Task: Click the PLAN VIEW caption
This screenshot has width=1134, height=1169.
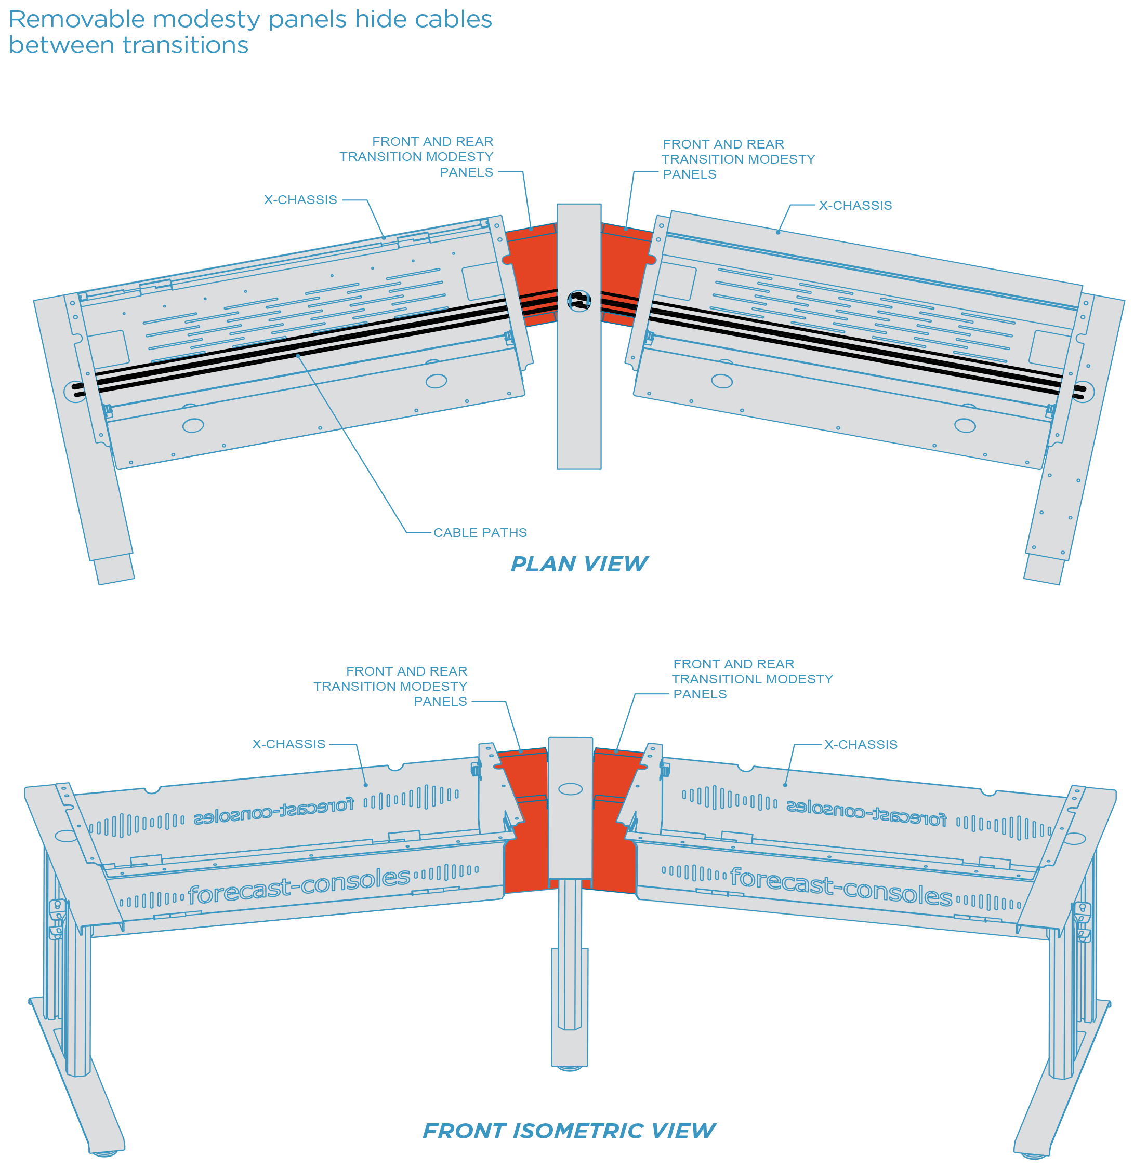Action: (x=578, y=564)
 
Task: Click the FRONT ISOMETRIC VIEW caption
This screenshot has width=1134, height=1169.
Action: (x=568, y=1131)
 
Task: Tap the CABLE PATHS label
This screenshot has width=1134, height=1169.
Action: (x=480, y=533)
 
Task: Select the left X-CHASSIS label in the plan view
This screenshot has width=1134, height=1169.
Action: (x=300, y=200)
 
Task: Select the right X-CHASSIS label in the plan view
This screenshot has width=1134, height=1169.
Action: (x=855, y=206)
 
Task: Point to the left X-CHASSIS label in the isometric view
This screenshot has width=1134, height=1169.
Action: (x=288, y=744)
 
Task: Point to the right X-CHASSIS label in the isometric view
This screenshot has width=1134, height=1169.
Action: (x=860, y=745)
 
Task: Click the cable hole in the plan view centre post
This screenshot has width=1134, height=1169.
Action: (x=578, y=301)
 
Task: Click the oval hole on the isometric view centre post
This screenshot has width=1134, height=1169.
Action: (x=570, y=789)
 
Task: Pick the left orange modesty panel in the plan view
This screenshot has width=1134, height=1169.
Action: (x=531, y=274)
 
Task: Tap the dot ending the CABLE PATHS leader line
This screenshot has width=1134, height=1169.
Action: (x=298, y=356)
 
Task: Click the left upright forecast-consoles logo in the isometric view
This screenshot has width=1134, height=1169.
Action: (x=298, y=886)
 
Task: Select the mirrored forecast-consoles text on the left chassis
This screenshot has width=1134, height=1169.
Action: (x=273, y=811)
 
